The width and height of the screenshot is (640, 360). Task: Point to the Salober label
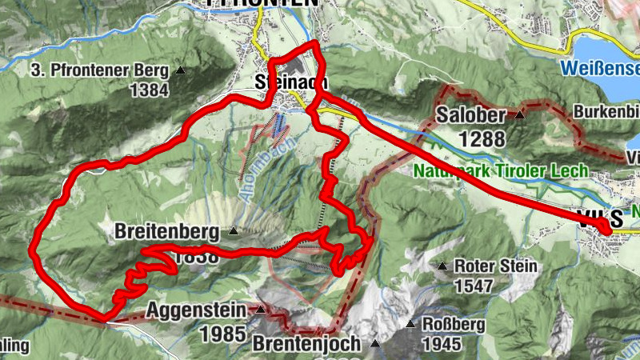(x=471, y=115)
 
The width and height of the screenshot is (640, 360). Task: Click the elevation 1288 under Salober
(x=482, y=138)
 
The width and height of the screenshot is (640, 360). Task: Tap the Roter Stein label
(x=490, y=266)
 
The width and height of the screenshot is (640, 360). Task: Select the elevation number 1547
(x=478, y=285)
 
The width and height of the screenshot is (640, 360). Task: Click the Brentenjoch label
(x=307, y=343)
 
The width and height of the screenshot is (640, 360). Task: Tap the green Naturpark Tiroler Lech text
(x=502, y=170)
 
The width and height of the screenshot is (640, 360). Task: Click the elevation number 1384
(x=149, y=90)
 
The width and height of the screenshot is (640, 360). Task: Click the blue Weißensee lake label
(x=600, y=67)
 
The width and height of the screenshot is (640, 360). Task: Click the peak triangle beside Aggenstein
(x=260, y=310)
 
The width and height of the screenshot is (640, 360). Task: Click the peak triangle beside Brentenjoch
(x=375, y=343)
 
